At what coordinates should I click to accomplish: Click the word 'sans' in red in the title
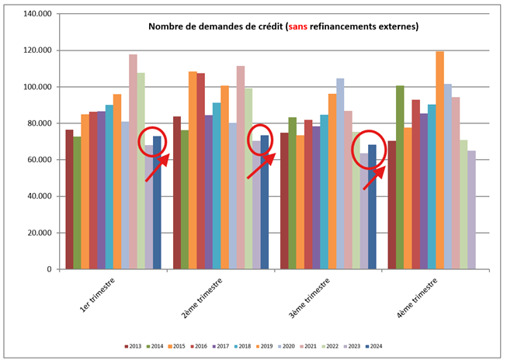(298, 26)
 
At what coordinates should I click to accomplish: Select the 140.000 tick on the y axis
(37, 14)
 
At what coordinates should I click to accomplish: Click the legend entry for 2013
(136, 346)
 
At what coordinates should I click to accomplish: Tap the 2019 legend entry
(266, 346)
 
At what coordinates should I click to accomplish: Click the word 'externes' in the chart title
(394, 26)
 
